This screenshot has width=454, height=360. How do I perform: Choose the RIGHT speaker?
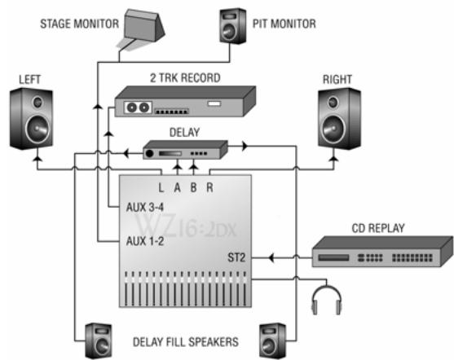[337, 116]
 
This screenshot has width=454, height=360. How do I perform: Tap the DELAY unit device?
[186, 151]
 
